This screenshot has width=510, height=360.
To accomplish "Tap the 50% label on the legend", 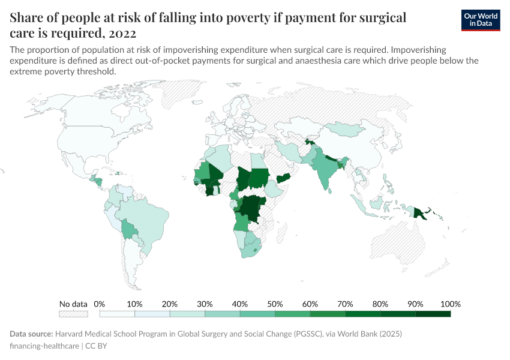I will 275,304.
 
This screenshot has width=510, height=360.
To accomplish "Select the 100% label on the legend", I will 451,304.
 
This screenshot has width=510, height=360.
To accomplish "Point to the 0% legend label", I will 100,304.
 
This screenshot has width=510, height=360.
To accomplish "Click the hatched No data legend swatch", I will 73,314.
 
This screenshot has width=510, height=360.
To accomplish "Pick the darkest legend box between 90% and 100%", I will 433,314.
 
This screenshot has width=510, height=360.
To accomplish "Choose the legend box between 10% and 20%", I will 152,314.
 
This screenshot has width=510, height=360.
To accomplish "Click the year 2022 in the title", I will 121,32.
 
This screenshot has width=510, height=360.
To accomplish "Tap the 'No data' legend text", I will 73,304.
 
